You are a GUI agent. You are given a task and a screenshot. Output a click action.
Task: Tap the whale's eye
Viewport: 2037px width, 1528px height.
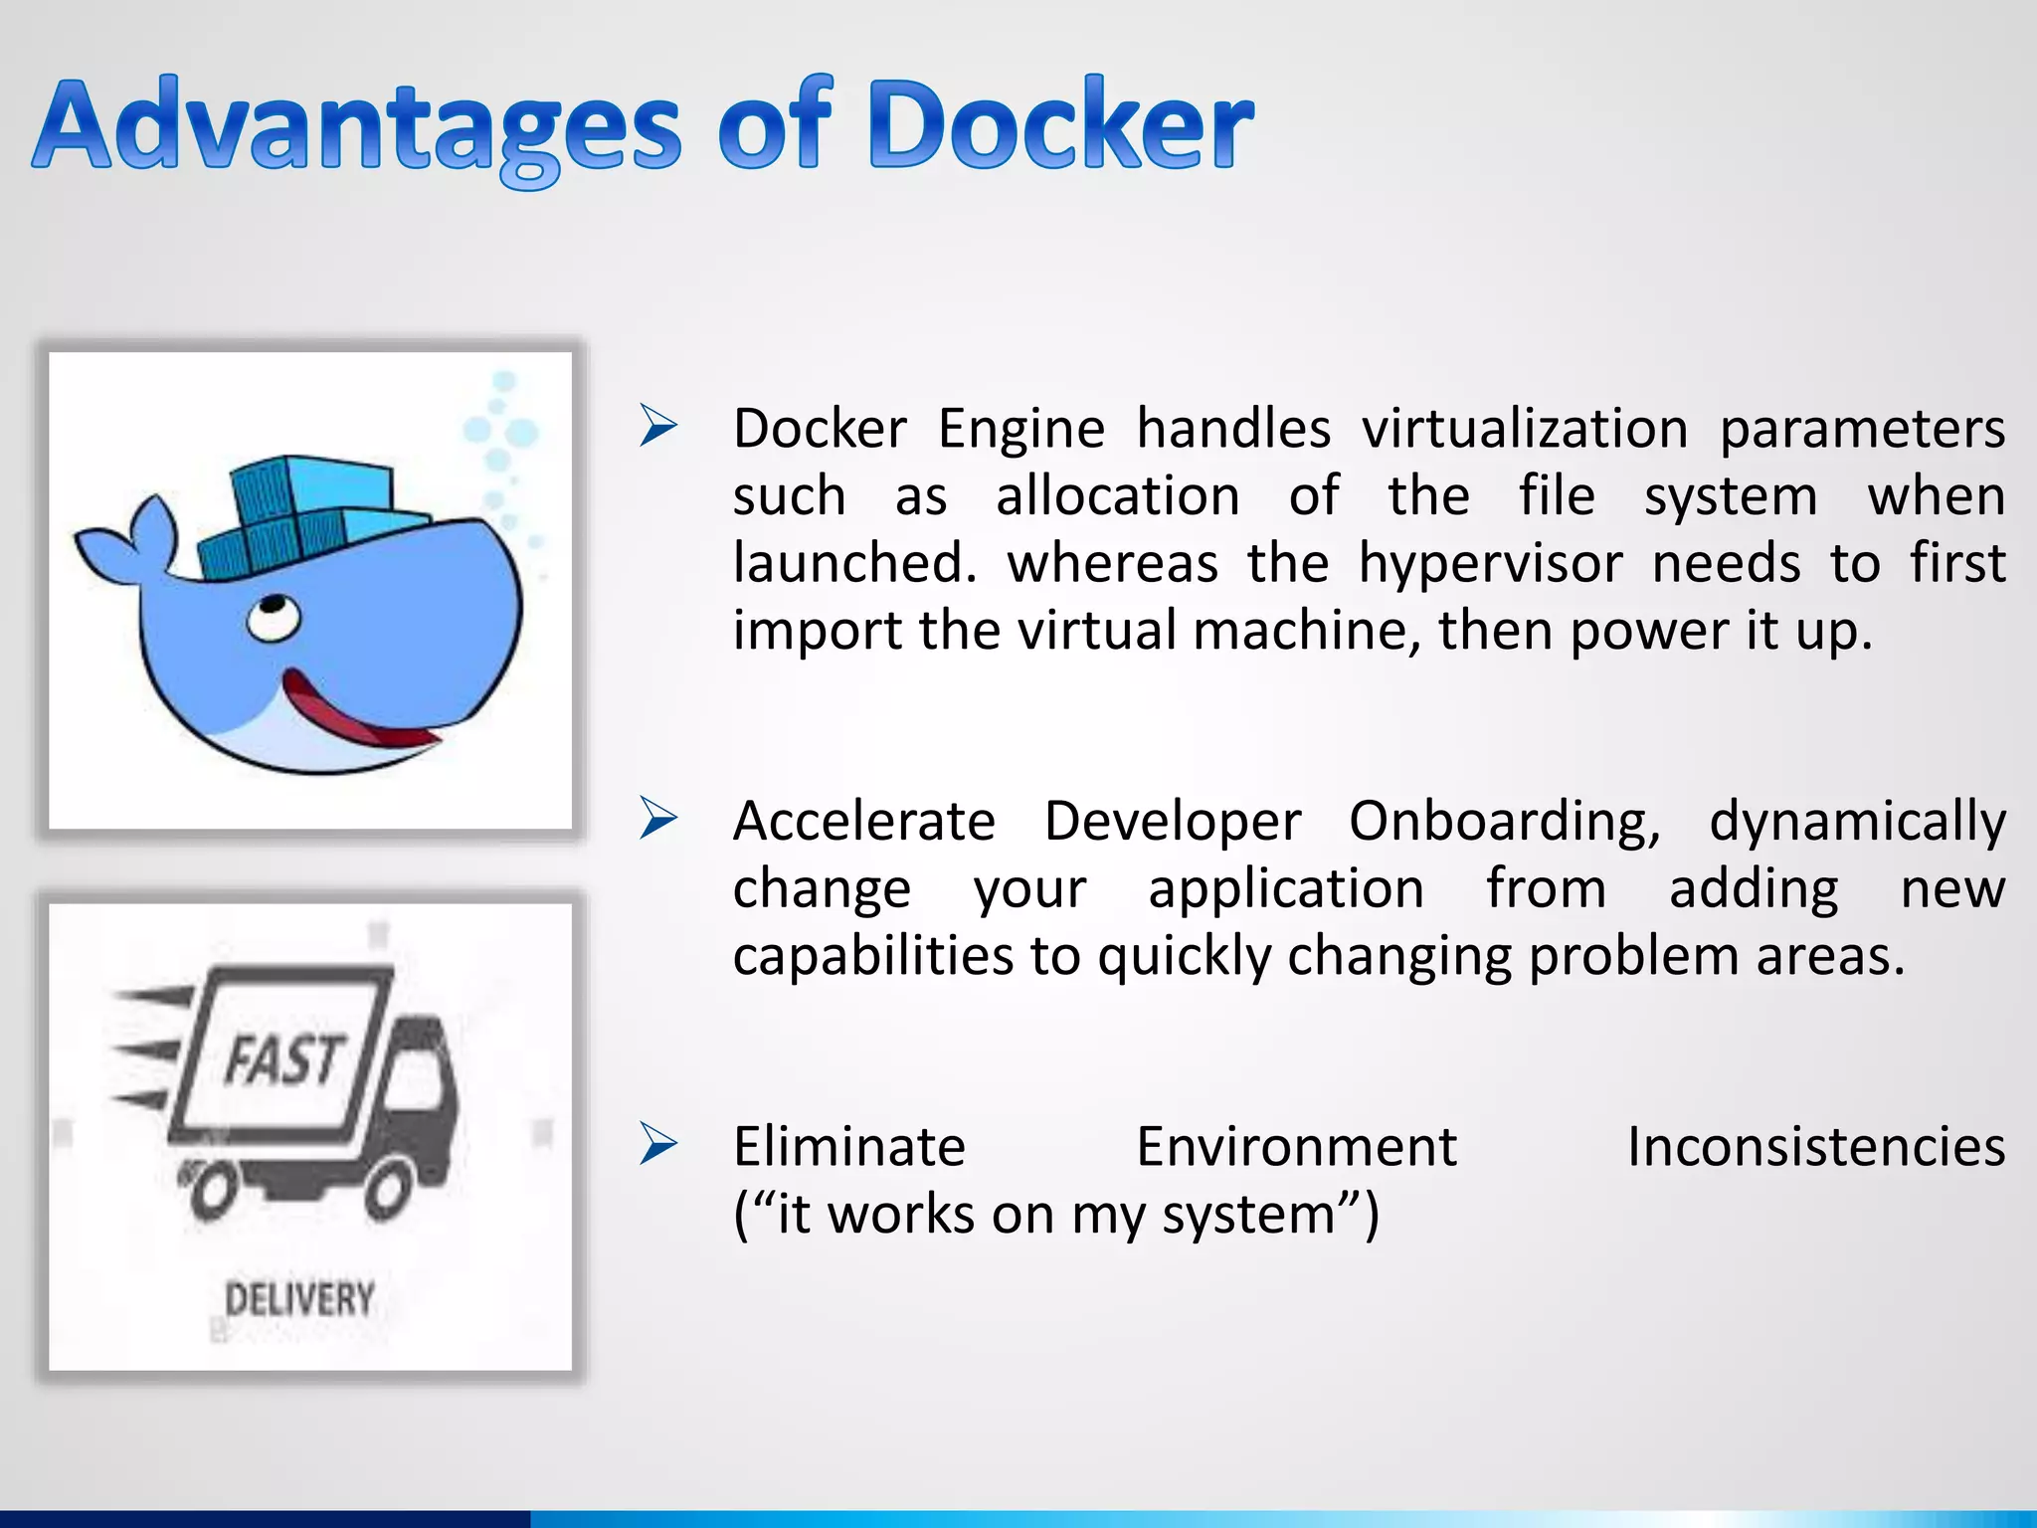coord(273,618)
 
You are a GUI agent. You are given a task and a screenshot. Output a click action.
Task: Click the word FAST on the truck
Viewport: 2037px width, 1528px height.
coord(283,1058)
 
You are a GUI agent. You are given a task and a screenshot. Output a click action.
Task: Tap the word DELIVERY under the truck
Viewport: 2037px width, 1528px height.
coord(299,1299)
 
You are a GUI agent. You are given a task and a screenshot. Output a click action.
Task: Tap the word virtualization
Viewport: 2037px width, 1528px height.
coord(1525,429)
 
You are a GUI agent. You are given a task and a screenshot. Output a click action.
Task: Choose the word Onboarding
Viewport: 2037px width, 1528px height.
coord(1503,822)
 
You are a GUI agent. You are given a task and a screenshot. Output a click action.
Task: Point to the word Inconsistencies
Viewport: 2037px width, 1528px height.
coord(1815,1146)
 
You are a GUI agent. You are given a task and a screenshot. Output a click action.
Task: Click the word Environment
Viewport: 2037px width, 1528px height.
coord(1296,1146)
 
